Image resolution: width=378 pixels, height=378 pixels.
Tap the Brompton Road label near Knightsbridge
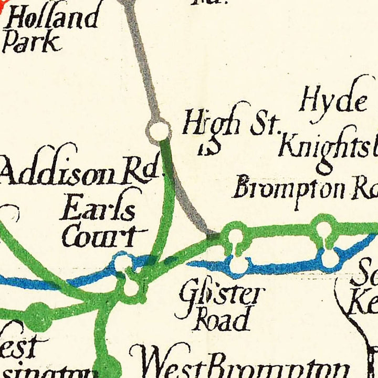pos(304,189)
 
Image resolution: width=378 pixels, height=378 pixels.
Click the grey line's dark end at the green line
pos(213,236)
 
